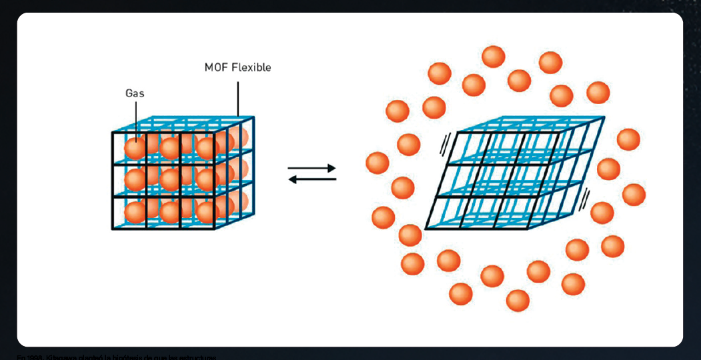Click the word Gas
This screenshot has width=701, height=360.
(135, 93)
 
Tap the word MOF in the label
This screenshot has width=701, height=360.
(217, 67)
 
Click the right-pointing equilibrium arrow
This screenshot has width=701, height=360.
(312, 169)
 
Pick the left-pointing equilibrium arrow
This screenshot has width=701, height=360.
(312, 179)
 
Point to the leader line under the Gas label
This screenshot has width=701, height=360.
(137, 120)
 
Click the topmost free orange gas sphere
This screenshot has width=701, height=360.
(494, 56)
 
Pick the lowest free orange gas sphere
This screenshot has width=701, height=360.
(518, 301)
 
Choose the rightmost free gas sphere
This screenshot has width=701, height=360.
(634, 195)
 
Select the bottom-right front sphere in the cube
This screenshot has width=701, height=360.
(207, 213)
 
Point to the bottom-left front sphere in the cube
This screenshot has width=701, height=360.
(135, 213)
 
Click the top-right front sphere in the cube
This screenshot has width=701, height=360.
(207, 148)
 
